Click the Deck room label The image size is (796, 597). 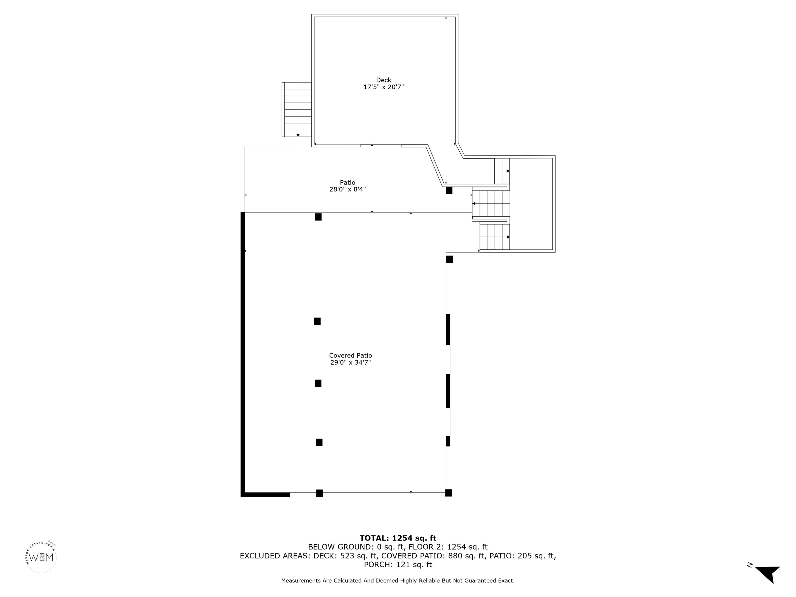pyautogui.click(x=383, y=80)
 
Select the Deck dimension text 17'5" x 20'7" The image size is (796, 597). pyautogui.click(x=383, y=87)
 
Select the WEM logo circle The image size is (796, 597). pyautogui.click(x=41, y=557)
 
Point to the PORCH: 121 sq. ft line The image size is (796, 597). pyautogui.click(x=398, y=565)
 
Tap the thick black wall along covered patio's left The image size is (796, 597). pyautogui.click(x=243, y=353)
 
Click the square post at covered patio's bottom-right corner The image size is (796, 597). pyautogui.click(x=448, y=493)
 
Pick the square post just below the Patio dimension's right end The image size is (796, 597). pyautogui.click(x=449, y=190)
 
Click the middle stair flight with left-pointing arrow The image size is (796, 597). pyautogui.click(x=491, y=203)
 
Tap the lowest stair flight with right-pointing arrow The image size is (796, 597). pyautogui.click(x=495, y=237)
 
